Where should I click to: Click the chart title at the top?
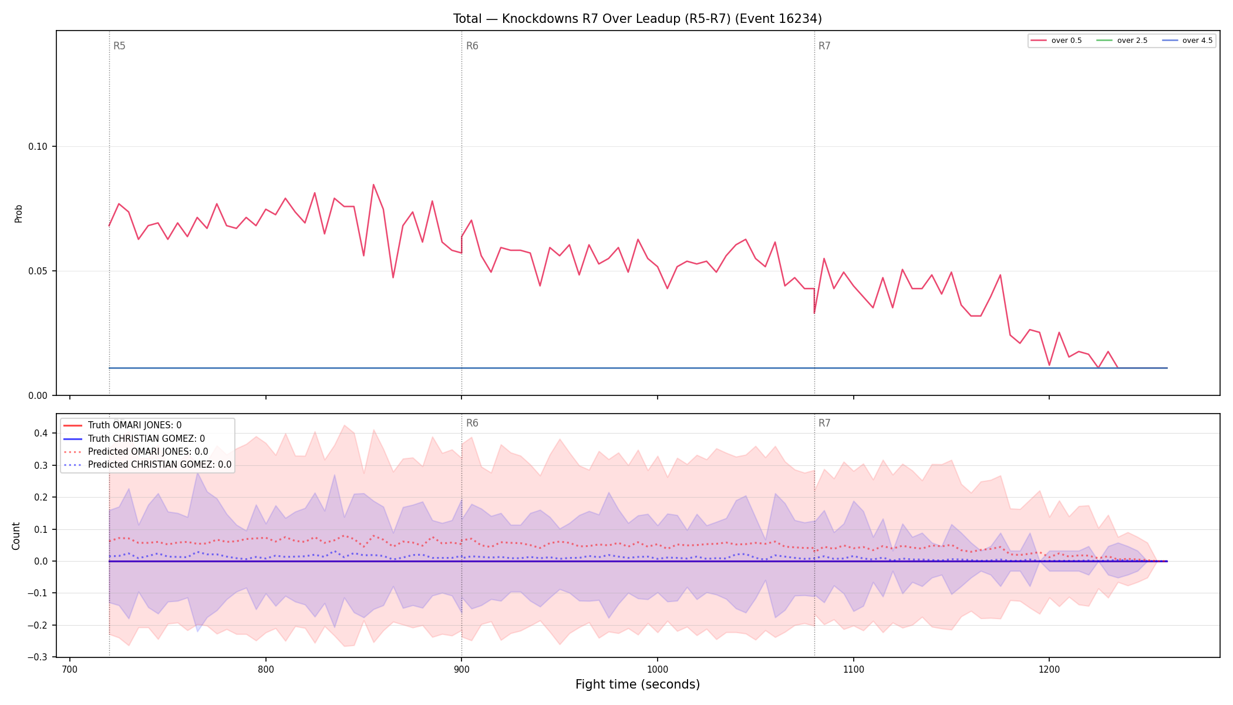pyautogui.click(x=637, y=19)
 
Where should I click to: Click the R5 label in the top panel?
pyautogui.click(x=119, y=46)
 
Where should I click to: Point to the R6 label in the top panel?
pyautogui.click(x=472, y=46)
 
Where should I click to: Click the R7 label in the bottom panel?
pyautogui.click(x=824, y=423)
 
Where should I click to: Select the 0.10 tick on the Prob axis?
pyautogui.click(x=38, y=146)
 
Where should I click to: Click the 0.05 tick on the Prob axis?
pyautogui.click(x=38, y=271)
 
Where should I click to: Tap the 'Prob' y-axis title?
pyautogui.click(x=18, y=213)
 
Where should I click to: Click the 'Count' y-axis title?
pyautogui.click(x=16, y=536)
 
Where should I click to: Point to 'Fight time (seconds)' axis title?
pyautogui.click(x=638, y=684)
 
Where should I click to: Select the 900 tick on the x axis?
pyautogui.click(x=461, y=669)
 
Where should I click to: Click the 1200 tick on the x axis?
pyautogui.click(x=1049, y=669)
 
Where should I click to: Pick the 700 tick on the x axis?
pyautogui.click(x=70, y=669)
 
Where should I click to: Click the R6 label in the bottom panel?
pyautogui.click(x=472, y=423)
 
